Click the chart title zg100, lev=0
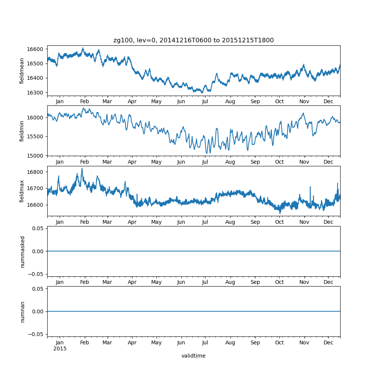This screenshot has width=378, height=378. tap(194, 40)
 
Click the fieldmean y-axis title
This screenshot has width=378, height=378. tap(22, 71)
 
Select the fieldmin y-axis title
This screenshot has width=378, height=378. tap(22, 131)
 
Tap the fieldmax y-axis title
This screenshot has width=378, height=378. tap(22, 191)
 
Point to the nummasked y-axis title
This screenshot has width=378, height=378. tap(22, 252)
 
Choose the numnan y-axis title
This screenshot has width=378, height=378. tap(22, 311)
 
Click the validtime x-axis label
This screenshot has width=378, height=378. tap(193, 356)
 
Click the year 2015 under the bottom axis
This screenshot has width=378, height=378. tap(60, 349)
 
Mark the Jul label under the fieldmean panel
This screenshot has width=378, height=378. tap(205, 102)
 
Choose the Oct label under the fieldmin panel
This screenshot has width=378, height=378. tap(279, 162)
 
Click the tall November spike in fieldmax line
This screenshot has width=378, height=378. tap(310, 187)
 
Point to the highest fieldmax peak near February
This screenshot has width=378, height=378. tap(82, 169)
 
